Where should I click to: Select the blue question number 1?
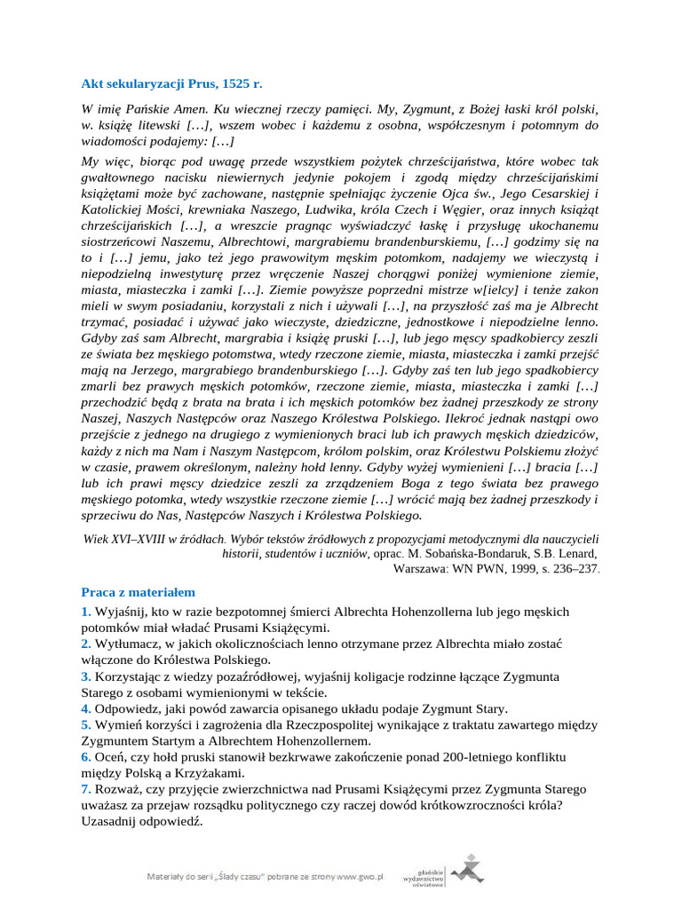(x=85, y=612)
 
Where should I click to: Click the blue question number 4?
(x=85, y=708)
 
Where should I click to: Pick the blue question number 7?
(x=85, y=789)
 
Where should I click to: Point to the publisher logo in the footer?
(x=465, y=868)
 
